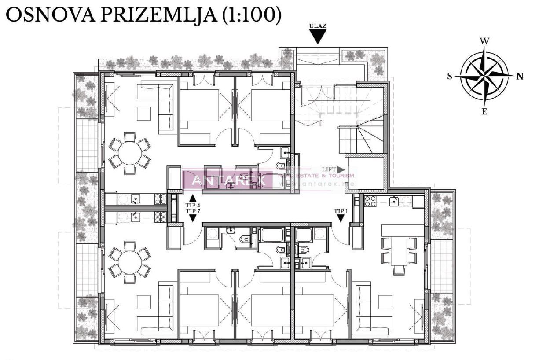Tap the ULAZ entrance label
tap(317, 26)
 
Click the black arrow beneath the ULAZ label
tap(317, 37)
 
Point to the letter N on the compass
tap(520, 76)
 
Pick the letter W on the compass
tap(484, 41)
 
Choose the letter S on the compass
tap(450, 76)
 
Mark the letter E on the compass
tap(484, 112)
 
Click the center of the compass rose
tap(484, 76)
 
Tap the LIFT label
tap(329, 169)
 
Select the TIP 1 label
tap(341, 211)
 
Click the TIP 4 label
tap(193, 205)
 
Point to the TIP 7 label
tap(193, 211)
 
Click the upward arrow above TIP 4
tap(193, 198)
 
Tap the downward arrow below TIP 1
tap(341, 218)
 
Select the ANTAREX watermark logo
tap(229, 180)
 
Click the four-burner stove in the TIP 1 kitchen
tap(370, 201)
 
